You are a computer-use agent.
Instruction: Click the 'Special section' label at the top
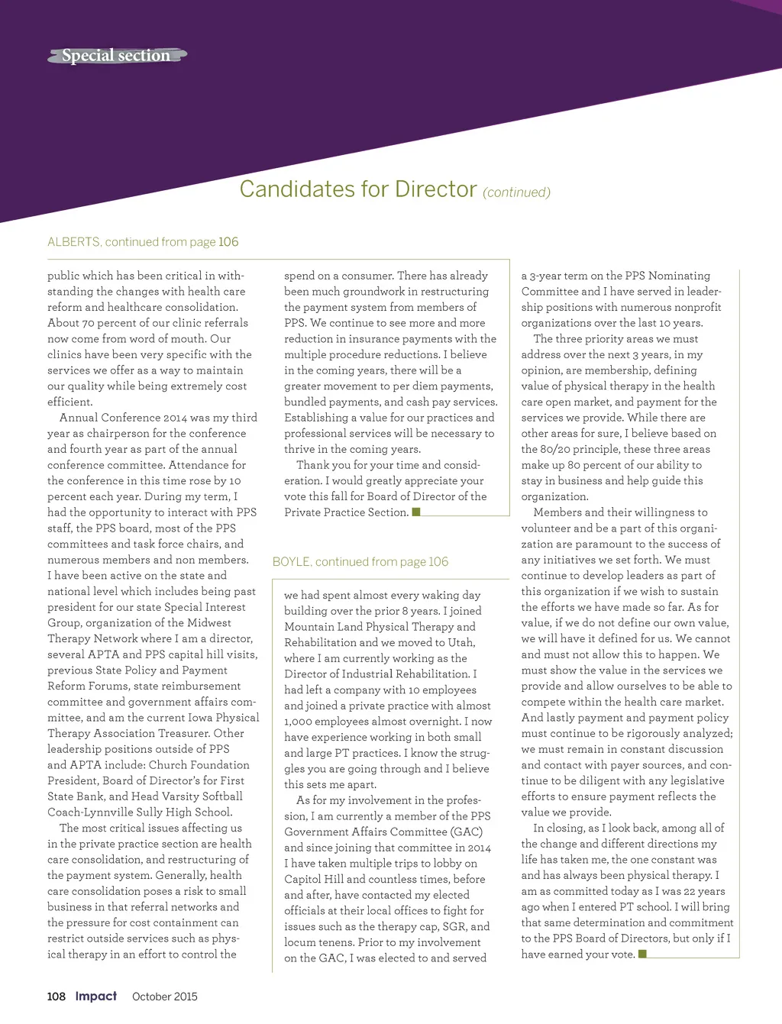point(116,56)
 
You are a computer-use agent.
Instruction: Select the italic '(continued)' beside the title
point(516,192)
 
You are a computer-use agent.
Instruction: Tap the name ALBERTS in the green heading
point(73,242)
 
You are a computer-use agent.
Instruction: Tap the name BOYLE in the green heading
point(291,562)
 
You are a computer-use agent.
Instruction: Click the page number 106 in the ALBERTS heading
point(228,242)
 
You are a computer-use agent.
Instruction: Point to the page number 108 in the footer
point(57,997)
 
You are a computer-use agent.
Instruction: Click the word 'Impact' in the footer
point(96,997)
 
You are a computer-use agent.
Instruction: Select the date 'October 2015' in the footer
point(165,997)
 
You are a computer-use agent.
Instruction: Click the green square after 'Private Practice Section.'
point(416,512)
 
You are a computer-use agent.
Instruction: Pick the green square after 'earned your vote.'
point(642,954)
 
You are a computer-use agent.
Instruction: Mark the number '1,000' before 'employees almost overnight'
point(302,722)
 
